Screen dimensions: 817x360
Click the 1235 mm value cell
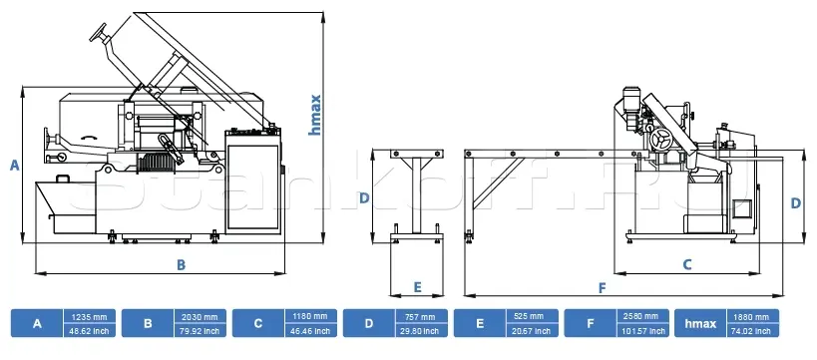(90, 316)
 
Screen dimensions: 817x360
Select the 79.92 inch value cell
(201, 331)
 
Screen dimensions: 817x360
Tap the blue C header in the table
(258, 323)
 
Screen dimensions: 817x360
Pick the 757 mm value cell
(422, 316)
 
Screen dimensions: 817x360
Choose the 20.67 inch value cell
(532, 331)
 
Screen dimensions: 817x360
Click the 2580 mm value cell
(643, 316)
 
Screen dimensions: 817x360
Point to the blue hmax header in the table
(700, 323)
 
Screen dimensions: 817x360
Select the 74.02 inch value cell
(753, 331)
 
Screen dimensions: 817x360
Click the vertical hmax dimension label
(314, 115)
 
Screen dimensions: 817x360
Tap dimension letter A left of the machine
(15, 166)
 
